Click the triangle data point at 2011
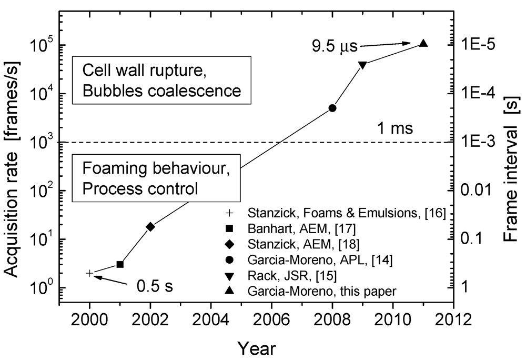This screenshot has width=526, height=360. click(x=423, y=44)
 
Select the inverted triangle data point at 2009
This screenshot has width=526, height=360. click(x=362, y=65)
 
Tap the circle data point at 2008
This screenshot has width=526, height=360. click(x=332, y=108)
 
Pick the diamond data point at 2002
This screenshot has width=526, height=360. click(x=150, y=226)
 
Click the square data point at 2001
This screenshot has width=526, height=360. click(x=120, y=264)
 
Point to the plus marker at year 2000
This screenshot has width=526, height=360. click(x=90, y=273)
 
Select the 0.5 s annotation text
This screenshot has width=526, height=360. click(x=155, y=288)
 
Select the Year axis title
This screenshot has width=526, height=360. click(x=256, y=347)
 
